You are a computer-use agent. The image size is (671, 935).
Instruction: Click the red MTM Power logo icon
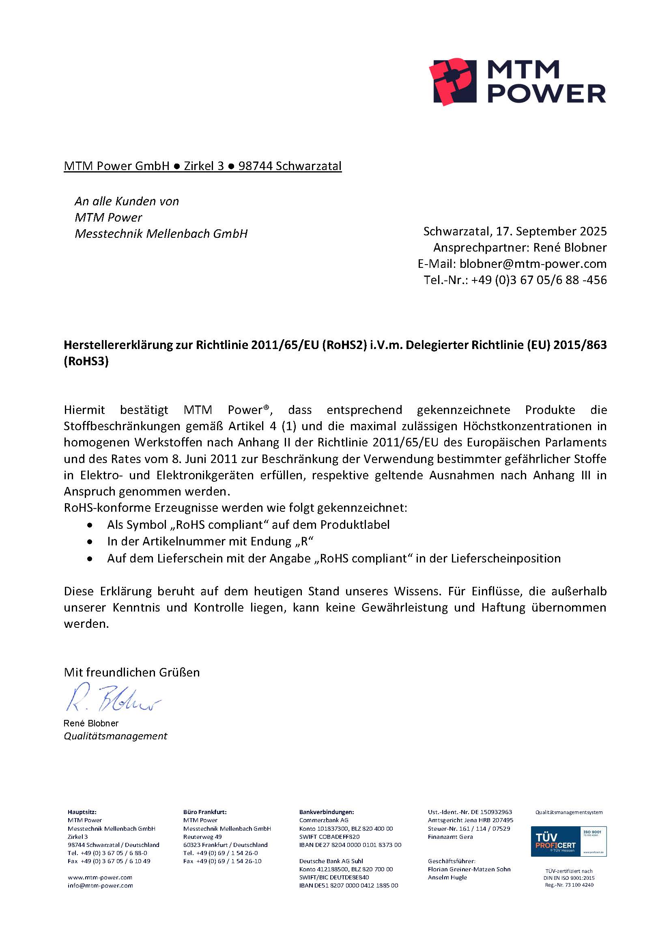pos(452,81)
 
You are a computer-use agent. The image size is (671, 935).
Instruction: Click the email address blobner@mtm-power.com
pos(533,264)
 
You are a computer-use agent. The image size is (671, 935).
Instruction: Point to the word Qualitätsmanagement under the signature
pos(115,736)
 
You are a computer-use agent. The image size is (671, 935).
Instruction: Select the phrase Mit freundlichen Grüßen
pos(131,672)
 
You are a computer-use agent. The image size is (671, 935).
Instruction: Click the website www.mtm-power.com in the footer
pos(100,877)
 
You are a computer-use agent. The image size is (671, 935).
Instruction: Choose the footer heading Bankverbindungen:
pos(327,812)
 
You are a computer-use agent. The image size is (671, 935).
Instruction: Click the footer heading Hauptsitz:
pos(82,812)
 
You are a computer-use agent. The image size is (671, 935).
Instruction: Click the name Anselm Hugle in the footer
pos(447,877)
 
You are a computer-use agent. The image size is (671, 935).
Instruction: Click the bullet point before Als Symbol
pos(89,525)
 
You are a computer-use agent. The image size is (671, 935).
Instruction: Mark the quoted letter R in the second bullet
pos(304,542)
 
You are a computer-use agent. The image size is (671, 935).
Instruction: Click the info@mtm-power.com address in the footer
pos(100,885)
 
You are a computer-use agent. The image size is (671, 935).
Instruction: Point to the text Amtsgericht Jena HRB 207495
pos(470,820)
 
